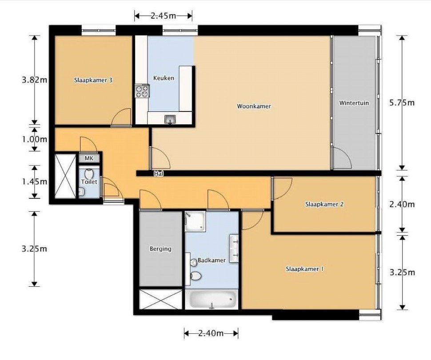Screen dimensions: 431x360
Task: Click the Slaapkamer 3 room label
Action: click(x=93, y=80)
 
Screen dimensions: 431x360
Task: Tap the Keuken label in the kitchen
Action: click(x=164, y=78)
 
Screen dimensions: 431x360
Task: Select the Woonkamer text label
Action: click(x=254, y=106)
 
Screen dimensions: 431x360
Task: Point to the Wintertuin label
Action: click(x=354, y=103)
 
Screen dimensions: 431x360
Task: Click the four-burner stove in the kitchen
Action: click(x=142, y=91)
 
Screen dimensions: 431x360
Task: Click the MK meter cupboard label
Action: click(x=89, y=158)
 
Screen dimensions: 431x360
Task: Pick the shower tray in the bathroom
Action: click(x=195, y=222)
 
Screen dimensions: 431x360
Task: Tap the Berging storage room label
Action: click(x=160, y=249)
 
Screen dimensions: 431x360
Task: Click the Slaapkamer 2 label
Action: click(x=324, y=204)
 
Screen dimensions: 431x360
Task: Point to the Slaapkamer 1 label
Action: click(x=304, y=269)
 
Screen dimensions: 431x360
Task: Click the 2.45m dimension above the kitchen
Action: click(x=163, y=16)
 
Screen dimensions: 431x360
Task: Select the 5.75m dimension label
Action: click(x=402, y=103)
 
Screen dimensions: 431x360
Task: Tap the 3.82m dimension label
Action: click(x=34, y=80)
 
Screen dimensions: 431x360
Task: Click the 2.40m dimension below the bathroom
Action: click(x=211, y=333)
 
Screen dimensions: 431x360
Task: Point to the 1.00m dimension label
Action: click(x=34, y=139)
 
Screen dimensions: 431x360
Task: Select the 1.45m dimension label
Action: click(x=34, y=182)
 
